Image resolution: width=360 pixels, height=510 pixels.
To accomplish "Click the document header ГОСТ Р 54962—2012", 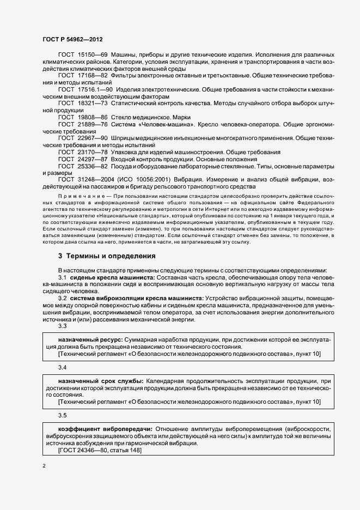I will tap(72, 40).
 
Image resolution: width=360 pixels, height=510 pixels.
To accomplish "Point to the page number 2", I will tap(44, 466).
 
